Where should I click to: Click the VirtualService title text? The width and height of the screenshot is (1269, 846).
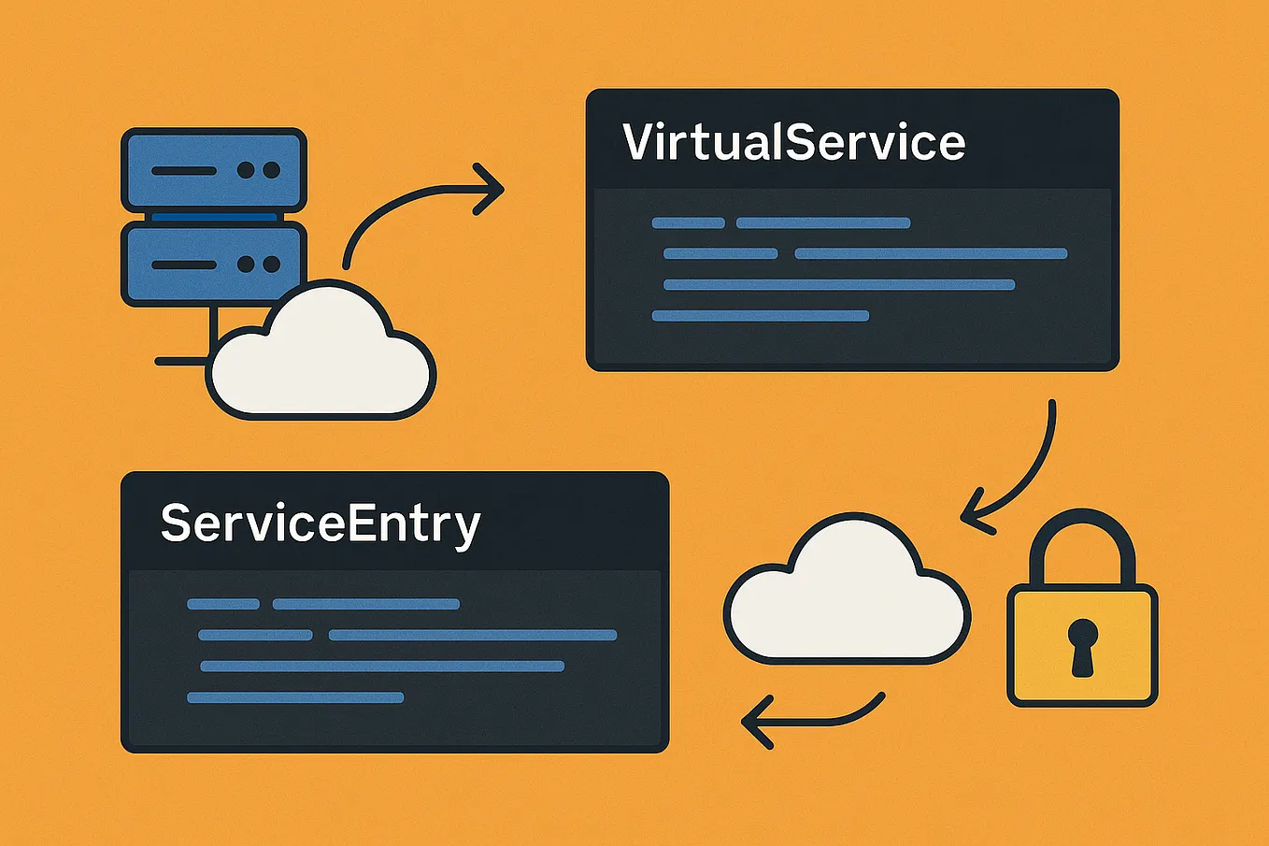(x=793, y=143)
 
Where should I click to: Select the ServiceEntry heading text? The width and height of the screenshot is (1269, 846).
(x=320, y=524)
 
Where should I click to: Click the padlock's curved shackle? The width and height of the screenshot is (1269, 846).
(x=1082, y=542)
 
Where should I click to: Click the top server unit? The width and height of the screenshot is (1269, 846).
(x=214, y=170)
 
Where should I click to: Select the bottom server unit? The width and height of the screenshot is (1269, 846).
(x=214, y=265)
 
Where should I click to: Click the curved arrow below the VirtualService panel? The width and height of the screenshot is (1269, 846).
(x=1023, y=472)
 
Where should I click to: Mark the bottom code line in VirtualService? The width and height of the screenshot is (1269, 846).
(x=760, y=316)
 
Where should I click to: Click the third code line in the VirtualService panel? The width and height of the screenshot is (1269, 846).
(x=838, y=285)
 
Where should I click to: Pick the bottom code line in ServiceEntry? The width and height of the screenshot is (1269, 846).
(x=294, y=697)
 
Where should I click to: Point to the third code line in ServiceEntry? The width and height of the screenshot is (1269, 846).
(x=382, y=667)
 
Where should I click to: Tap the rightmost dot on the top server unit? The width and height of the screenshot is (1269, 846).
(x=271, y=170)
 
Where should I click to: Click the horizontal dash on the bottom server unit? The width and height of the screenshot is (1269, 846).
(x=183, y=265)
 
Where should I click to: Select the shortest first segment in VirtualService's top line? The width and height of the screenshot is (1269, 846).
(x=688, y=222)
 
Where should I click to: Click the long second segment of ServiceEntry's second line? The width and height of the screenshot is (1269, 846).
(x=473, y=636)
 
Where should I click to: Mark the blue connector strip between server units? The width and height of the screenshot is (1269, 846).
(x=214, y=217)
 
